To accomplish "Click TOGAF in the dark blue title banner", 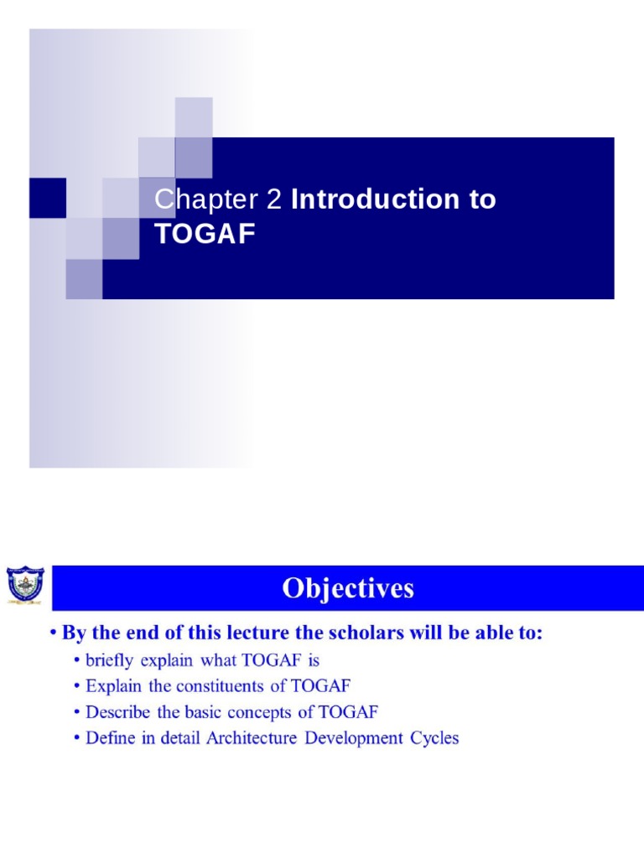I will [x=205, y=235].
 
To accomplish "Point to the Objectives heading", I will [x=348, y=589].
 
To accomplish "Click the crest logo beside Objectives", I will [x=25, y=587].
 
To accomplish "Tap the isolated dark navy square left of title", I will [x=48, y=198].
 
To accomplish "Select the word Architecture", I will [x=252, y=739].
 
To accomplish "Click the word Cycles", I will [x=434, y=739].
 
